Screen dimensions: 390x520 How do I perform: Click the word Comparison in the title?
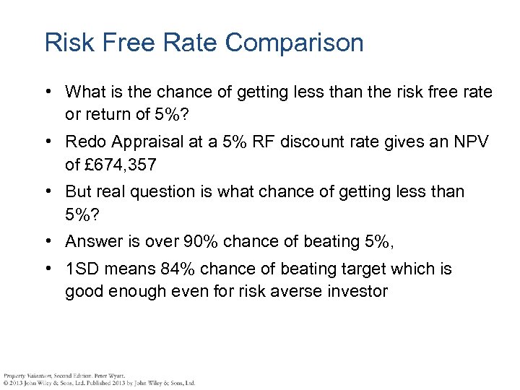tap(294, 43)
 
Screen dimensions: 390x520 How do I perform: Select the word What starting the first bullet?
tap(84, 92)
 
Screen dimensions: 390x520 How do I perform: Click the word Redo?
tap(84, 142)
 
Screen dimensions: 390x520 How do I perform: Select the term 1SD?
tap(82, 269)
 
